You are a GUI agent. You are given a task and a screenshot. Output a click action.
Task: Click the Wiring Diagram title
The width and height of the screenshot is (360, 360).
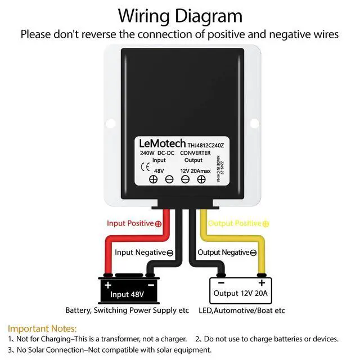click(179, 15)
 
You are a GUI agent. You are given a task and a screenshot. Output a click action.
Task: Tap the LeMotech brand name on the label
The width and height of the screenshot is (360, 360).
click(163, 144)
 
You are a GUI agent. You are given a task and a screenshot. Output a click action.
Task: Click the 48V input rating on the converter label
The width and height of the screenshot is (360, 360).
click(160, 170)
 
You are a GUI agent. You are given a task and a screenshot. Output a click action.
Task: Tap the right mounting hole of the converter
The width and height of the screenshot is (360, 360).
click(254, 121)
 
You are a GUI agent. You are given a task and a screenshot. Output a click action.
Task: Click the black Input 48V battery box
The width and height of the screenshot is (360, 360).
click(127, 290)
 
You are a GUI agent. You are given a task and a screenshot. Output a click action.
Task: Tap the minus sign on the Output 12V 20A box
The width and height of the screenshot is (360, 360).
click(221, 282)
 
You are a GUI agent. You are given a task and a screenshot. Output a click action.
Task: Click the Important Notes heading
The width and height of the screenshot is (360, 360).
click(42, 328)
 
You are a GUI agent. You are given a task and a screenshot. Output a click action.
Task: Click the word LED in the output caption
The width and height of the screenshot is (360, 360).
click(206, 310)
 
